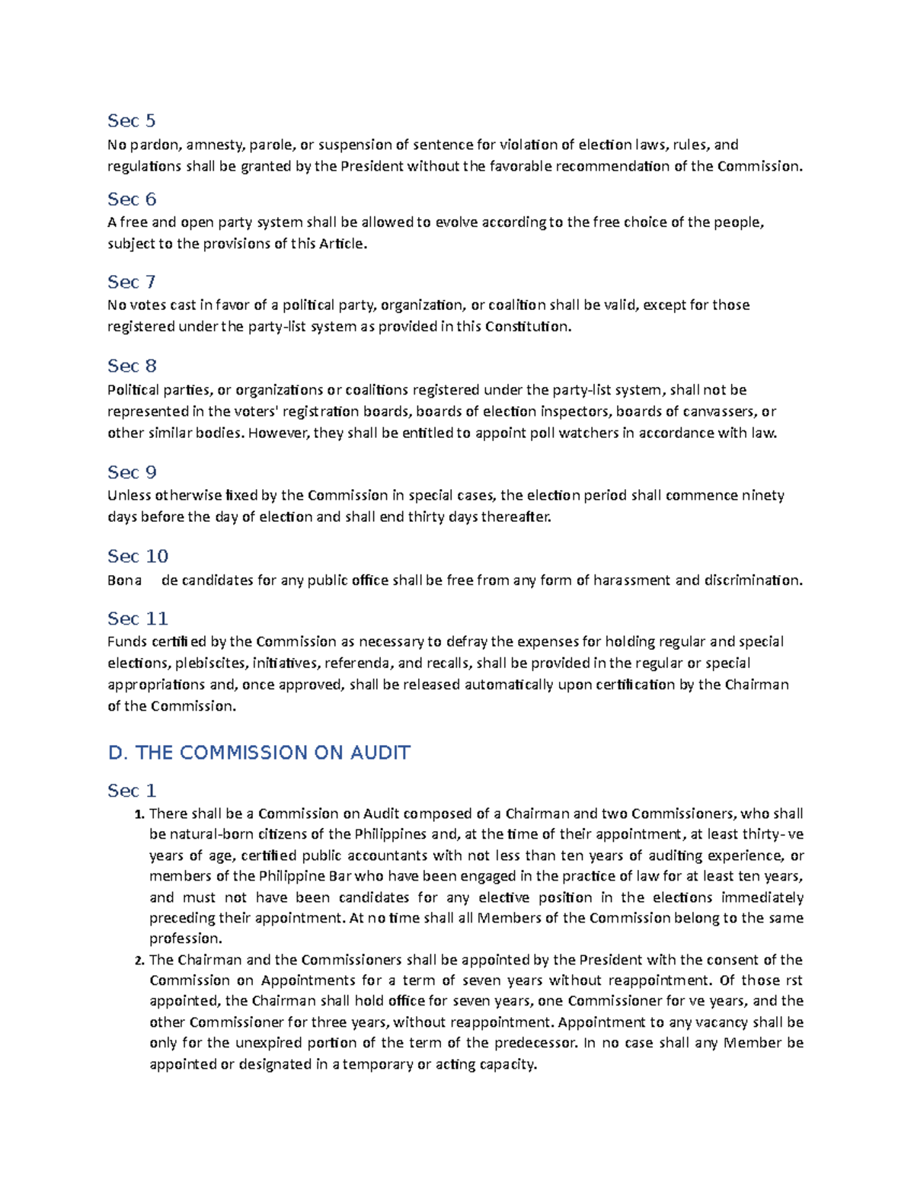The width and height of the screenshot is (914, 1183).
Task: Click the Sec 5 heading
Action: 131,121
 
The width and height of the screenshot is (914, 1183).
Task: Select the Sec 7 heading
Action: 131,283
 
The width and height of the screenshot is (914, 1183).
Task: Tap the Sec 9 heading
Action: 132,472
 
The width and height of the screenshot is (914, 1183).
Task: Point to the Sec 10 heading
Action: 137,556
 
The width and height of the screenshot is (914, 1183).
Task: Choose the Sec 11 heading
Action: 137,619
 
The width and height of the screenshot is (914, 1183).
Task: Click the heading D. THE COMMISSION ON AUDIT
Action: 259,753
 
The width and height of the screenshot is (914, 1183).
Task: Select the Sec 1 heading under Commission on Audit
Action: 132,791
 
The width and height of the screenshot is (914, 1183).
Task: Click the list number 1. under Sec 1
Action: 139,814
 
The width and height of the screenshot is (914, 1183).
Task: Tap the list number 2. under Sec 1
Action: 139,961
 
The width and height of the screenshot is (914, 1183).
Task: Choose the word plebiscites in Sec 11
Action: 210,663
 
